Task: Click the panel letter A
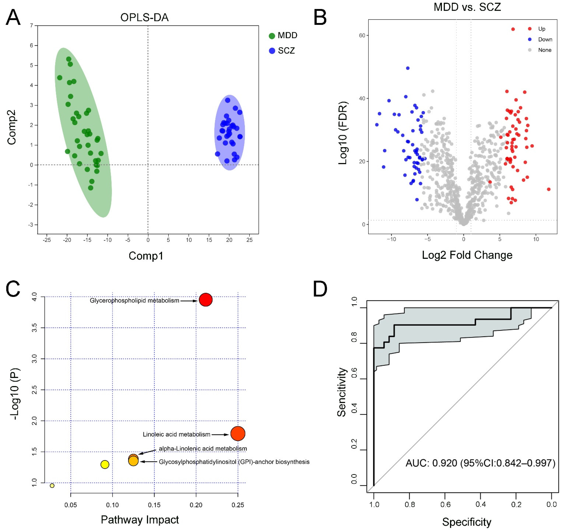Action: click(x=13, y=17)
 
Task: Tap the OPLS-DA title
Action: click(x=144, y=18)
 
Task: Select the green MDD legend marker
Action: click(x=272, y=36)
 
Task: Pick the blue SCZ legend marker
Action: click(x=272, y=51)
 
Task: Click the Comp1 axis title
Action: click(x=146, y=256)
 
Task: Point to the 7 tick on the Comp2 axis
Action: click(x=32, y=26)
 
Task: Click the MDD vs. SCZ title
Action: click(x=467, y=7)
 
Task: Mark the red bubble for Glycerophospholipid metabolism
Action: click(x=205, y=300)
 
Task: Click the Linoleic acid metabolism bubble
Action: click(x=238, y=433)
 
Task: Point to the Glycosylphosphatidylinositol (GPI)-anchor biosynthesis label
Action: click(x=234, y=462)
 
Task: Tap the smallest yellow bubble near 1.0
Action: click(x=52, y=486)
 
